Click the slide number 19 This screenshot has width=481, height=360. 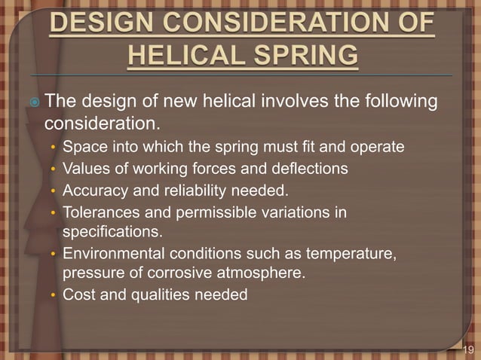(468, 349)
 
